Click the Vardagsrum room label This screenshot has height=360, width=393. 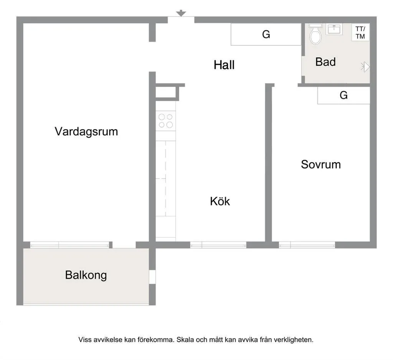[x=86, y=132]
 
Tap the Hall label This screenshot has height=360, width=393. [x=224, y=65]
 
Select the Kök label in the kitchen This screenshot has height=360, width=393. [x=220, y=201]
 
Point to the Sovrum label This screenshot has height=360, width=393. [x=321, y=165]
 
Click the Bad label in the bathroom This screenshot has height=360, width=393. [x=325, y=62]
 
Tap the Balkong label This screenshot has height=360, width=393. [x=86, y=275]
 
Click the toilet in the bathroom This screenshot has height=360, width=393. [x=315, y=34]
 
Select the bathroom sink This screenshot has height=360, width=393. [x=334, y=29]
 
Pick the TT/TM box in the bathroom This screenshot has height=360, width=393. [x=360, y=33]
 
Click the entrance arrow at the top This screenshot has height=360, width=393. [x=181, y=13]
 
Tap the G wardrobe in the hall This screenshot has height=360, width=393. [x=266, y=34]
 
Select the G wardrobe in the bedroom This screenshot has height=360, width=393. [x=343, y=95]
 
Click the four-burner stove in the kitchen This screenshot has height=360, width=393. [x=166, y=121]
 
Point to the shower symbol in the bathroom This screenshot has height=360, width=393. [x=365, y=67]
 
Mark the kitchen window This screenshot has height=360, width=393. [x=218, y=245]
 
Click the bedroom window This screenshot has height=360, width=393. [x=307, y=245]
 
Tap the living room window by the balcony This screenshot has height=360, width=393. [x=70, y=245]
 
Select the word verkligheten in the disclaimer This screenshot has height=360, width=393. [x=294, y=340]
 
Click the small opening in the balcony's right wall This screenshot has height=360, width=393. [x=152, y=277]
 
